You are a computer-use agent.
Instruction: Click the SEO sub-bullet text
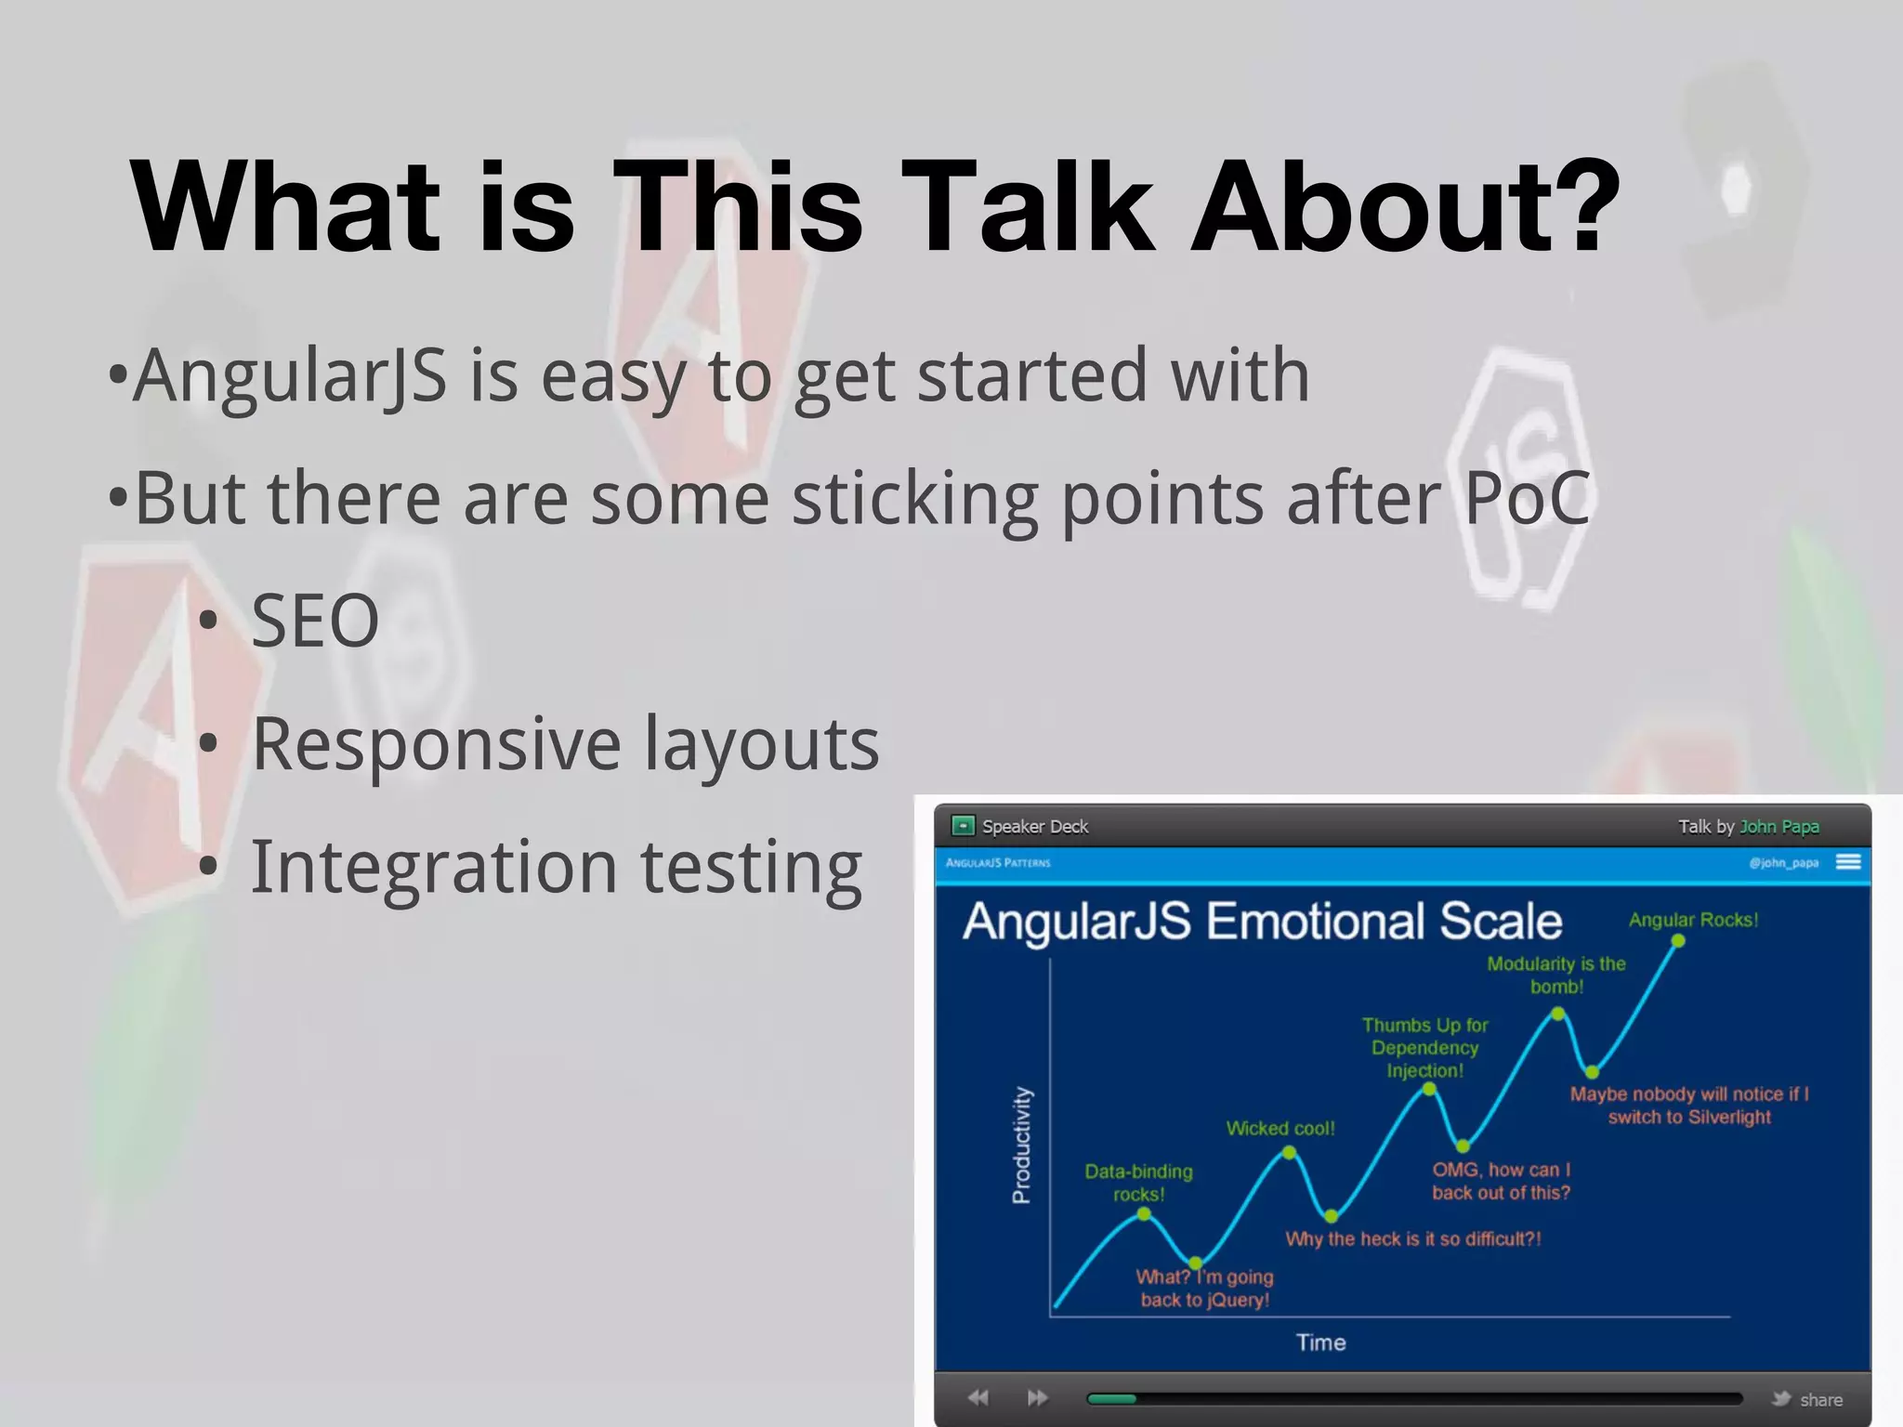pyautogui.click(x=315, y=621)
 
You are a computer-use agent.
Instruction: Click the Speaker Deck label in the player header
pyautogui.click(x=1034, y=827)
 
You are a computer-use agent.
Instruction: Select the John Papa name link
pyautogui.click(x=1778, y=827)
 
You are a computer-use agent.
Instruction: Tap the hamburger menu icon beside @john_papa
pyautogui.click(x=1848, y=862)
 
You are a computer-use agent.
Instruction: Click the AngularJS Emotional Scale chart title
pyautogui.click(x=1262, y=922)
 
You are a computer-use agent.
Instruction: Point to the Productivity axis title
pyautogui.click(x=1021, y=1145)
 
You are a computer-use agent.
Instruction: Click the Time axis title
pyautogui.click(x=1320, y=1342)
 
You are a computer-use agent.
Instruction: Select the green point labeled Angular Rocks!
pyautogui.click(x=1677, y=941)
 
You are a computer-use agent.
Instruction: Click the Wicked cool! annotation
pyautogui.click(x=1280, y=1129)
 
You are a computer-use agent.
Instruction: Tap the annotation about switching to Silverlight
pyautogui.click(x=1688, y=1106)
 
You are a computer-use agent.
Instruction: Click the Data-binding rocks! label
pyautogui.click(x=1138, y=1183)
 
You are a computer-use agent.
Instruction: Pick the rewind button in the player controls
pyautogui.click(x=978, y=1398)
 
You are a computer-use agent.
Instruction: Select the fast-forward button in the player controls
pyautogui.click(x=1037, y=1398)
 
